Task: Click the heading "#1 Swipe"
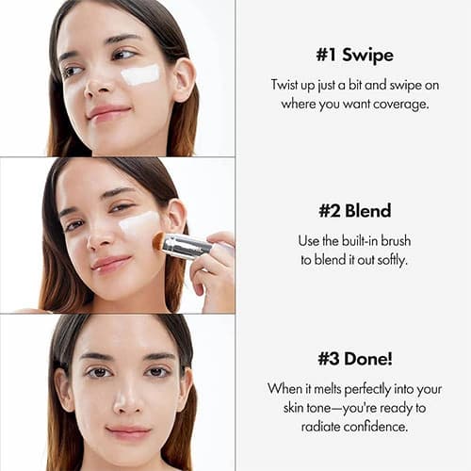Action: click(x=354, y=55)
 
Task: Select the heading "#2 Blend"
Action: click(x=355, y=211)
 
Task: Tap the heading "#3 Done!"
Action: click(x=355, y=359)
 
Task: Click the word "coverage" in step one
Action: click(x=400, y=104)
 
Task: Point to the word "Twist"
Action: click(x=284, y=85)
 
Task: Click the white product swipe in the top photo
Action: click(x=140, y=74)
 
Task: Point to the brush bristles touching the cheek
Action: click(x=159, y=241)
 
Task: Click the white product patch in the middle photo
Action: click(x=138, y=223)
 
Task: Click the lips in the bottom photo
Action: click(x=128, y=432)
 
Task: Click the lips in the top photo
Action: click(x=108, y=112)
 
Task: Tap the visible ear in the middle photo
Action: click(x=176, y=217)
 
